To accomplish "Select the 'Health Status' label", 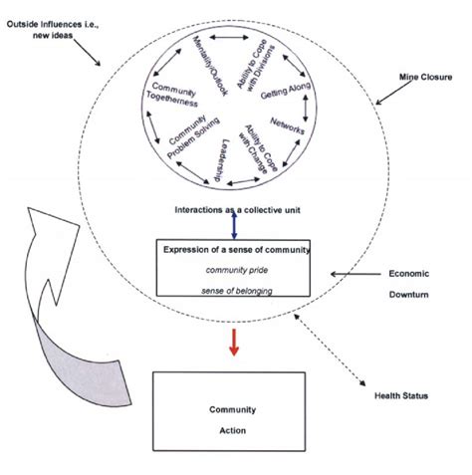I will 403,396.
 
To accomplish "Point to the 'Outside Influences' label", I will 55,30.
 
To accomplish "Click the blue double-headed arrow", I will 234,226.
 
